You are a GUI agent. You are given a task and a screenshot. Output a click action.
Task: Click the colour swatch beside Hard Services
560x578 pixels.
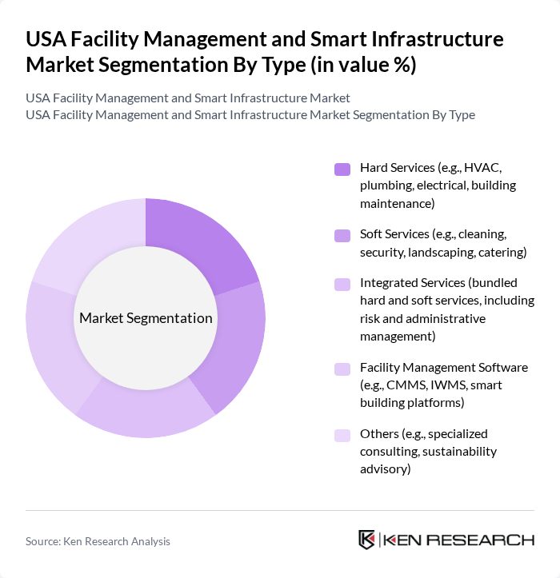pyautogui.click(x=342, y=169)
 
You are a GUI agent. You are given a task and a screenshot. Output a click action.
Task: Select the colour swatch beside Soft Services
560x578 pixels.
pyautogui.click(x=342, y=235)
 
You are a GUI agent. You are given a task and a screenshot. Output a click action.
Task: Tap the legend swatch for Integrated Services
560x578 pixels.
pyautogui.click(x=342, y=284)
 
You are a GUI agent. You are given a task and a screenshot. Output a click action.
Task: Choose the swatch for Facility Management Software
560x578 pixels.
pyautogui.click(x=342, y=369)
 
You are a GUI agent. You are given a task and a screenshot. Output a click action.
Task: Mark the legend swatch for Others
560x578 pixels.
pyautogui.click(x=342, y=435)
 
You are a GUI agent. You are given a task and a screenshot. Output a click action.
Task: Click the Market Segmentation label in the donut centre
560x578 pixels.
pyautogui.click(x=146, y=318)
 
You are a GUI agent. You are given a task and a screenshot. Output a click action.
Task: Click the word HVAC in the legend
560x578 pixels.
pyautogui.click(x=485, y=168)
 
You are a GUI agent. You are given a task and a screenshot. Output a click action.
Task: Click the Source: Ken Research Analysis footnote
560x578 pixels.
pyautogui.click(x=98, y=541)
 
